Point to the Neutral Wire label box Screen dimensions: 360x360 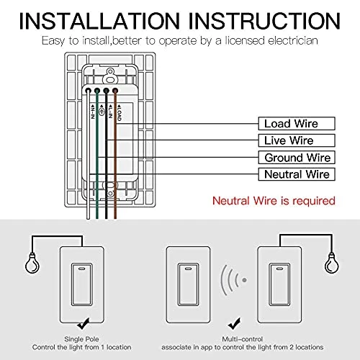296,174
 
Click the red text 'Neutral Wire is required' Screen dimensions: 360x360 273,199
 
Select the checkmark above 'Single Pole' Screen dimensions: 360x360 86,325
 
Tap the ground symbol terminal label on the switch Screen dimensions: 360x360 101,109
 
